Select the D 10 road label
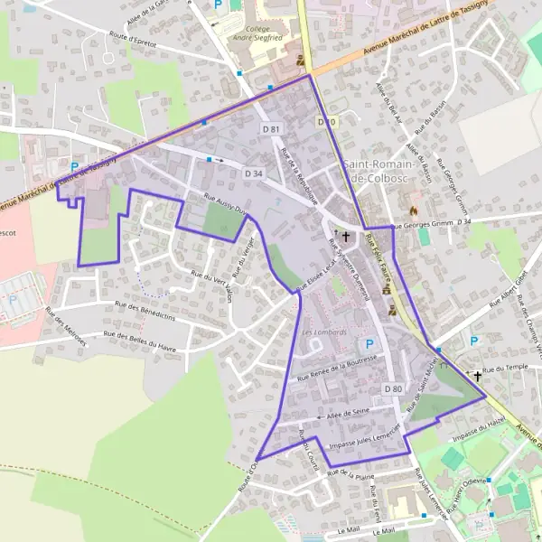(326, 122)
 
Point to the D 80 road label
(392, 388)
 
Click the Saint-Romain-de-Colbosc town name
(378, 171)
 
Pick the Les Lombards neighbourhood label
(324, 332)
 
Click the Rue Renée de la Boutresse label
(342, 366)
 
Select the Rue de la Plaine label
(351, 473)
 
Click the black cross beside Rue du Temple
(478, 375)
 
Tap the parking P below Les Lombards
(369, 344)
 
